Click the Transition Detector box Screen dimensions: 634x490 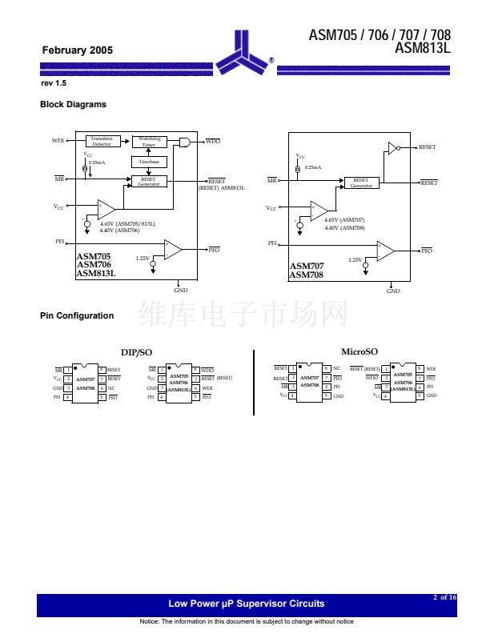tap(102, 142)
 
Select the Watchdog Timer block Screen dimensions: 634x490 tap(149, 142)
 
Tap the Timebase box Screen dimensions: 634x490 tap(149, 162)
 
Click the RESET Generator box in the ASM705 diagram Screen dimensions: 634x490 tap(149, 182)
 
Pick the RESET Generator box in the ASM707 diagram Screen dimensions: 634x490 tap(361, 183)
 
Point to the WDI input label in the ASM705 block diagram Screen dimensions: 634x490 tap(58, 141)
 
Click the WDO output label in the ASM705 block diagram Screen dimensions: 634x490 tap(213, 141)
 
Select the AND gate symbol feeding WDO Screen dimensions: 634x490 tap(185, 142)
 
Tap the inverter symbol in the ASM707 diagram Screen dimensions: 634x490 tap(392, 147)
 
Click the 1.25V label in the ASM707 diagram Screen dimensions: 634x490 tap(355, 259)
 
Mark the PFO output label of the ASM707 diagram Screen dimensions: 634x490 tap(427, 251)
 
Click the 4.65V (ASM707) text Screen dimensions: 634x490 tap(344, 219)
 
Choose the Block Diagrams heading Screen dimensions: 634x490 tap(73, 104)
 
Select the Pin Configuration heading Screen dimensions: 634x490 tap(77, 315)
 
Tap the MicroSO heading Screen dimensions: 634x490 tap(359, 351)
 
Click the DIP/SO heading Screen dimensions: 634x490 tap(136, 352)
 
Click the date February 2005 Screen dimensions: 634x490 tap(78, 50)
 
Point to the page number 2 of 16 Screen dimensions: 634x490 tap(444, 597)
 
